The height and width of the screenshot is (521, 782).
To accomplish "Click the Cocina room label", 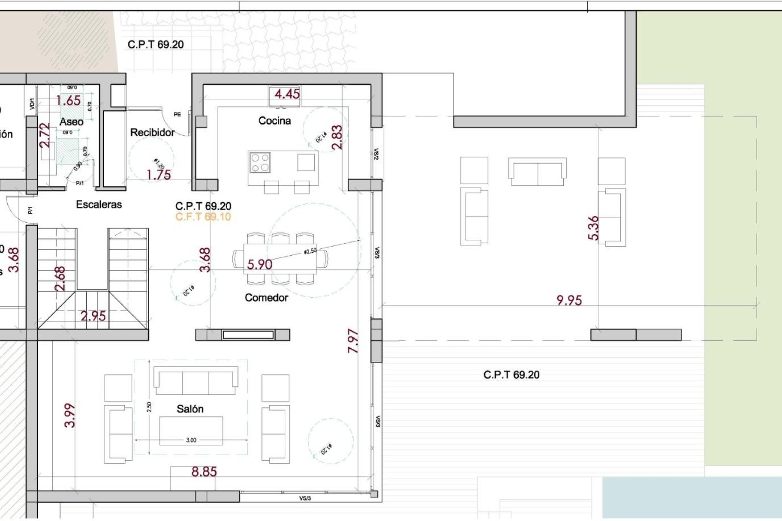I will [x=275, y=120].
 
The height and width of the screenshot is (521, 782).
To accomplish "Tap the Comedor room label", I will [x=266, y=298].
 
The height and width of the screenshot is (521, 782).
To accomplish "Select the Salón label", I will [x=190, y=409].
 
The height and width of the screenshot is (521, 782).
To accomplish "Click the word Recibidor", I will [x=152, y=132].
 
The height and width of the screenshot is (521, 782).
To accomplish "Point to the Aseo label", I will [x=71, y=121].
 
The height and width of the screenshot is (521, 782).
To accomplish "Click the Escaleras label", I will [x=99, y=204].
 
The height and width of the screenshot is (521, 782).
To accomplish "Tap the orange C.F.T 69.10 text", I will [x=203, y=217].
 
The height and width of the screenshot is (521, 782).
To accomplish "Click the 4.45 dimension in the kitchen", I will [x=287, y=94].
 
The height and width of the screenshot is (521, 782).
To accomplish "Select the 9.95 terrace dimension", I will [x=569, y=300].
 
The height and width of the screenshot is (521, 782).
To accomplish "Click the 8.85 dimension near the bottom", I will [x=204, y=472].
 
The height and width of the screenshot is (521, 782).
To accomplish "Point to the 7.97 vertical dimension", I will [x=353, y=341].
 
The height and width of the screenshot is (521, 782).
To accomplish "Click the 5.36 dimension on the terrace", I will [x=593, y=228].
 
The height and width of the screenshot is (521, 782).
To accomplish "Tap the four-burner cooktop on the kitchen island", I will [x=260, y=162].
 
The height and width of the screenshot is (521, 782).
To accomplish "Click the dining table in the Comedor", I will [x=280, y=259].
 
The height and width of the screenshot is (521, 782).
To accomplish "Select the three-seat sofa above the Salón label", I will [x=195, y=381].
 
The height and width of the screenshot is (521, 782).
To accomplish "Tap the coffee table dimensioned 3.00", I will [x=191, y=431].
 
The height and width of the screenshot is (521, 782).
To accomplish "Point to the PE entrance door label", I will [x=177, y=114].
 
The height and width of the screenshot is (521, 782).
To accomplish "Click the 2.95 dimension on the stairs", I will [x=93, y=316].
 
